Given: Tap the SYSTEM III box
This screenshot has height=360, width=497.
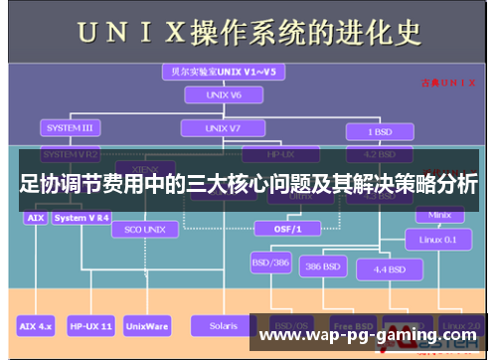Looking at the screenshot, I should click(69, 128).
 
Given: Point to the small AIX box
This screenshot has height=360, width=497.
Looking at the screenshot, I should click(35, 217).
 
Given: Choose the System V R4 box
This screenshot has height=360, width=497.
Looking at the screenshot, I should click(83, 217).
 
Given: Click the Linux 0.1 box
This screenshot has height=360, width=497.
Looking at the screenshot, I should click(437, 240).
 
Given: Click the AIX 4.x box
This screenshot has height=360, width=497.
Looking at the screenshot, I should click(36, 325).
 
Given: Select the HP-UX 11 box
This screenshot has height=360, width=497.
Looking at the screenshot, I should click(90, 325).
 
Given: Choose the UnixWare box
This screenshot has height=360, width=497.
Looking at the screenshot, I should click(146, 325).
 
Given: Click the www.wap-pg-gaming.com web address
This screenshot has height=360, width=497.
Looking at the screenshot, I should click(368, 336).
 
